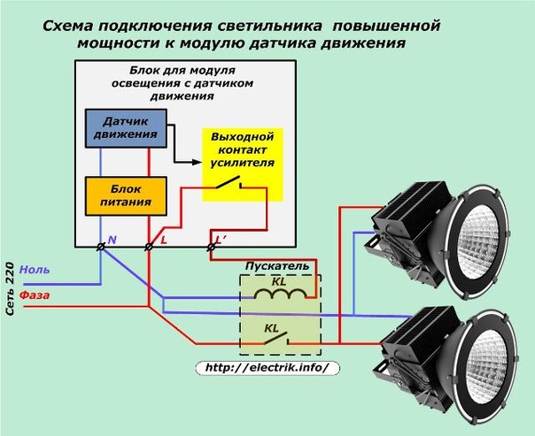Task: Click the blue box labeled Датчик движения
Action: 124,127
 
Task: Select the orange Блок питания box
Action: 124,195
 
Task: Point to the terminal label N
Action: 112,240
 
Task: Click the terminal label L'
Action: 220,240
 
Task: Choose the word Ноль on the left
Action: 35,269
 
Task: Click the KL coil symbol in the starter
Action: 280,292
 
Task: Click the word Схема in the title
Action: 74,27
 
